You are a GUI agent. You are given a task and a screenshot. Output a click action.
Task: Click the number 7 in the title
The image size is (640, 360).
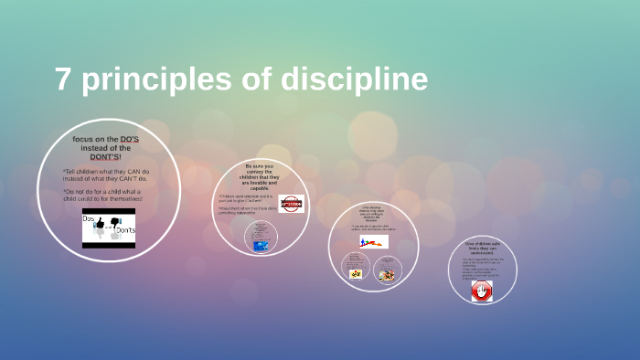[63, 79]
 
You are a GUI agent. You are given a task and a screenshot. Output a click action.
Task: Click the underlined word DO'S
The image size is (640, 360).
[129, 139]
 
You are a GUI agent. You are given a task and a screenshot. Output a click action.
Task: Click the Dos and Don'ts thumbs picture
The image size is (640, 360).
[109, 228]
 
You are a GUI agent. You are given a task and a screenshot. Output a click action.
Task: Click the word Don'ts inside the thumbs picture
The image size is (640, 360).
[125, 231]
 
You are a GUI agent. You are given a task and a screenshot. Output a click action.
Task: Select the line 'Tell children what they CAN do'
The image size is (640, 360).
[105, 172]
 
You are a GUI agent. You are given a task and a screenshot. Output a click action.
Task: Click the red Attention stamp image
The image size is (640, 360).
[291, 204]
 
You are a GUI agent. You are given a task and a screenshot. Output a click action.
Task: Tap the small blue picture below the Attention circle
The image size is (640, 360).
[261, 245]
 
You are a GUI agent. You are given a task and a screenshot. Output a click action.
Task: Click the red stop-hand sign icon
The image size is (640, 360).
[481, 291]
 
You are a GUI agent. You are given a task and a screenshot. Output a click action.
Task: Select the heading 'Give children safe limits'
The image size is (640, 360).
[481, 248]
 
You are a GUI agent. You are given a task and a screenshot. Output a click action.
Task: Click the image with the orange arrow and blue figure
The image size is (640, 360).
[373, 242]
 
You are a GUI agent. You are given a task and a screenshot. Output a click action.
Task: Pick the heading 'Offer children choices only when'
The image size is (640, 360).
[372, 213]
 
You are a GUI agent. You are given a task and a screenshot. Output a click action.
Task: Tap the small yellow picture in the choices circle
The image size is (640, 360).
[356, 273]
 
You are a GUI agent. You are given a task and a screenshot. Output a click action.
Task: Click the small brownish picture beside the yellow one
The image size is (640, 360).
[387, 275]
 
